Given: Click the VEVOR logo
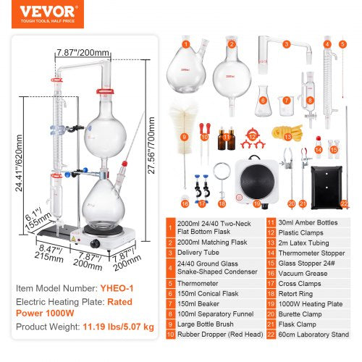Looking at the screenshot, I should point(42,13).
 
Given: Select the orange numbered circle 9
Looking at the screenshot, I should point(184,137).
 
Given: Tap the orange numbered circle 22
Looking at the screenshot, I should point(343,203).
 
